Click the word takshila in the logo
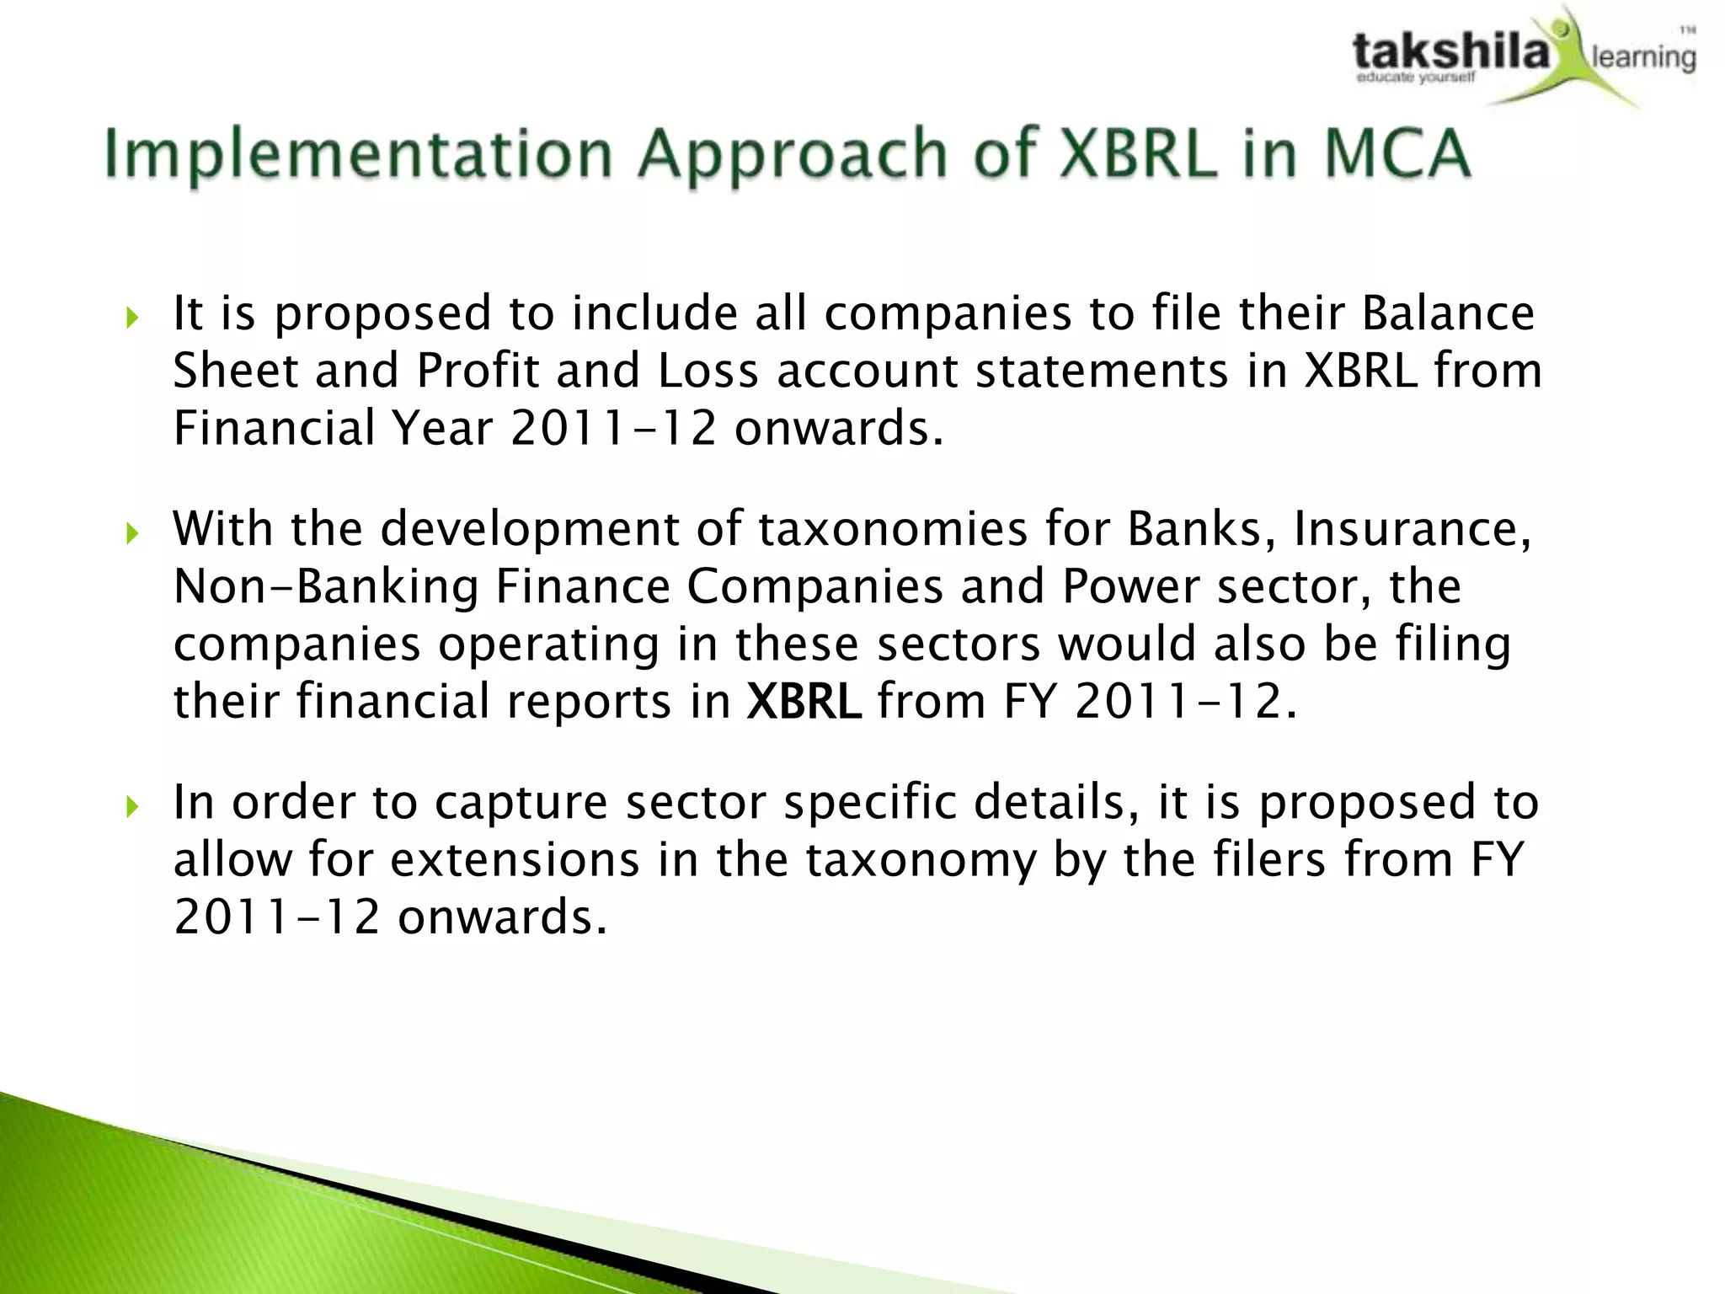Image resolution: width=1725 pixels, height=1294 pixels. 1450,52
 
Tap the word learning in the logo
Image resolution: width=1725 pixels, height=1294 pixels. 1642,57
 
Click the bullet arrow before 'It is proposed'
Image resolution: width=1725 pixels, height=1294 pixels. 131,318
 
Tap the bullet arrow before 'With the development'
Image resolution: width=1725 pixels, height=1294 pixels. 131,533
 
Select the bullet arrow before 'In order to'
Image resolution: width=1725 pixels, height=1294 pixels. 131,807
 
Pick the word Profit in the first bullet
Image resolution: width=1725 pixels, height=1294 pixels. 477,371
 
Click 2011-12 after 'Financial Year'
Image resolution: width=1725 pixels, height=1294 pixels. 613,428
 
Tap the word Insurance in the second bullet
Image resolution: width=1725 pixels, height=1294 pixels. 1412,529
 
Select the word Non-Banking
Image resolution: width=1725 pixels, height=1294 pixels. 326,586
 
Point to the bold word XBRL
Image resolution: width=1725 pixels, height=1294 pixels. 804,701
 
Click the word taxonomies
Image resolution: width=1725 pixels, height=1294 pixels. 893,529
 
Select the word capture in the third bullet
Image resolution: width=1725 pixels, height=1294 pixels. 521,803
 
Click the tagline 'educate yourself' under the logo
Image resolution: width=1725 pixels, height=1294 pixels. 1415,78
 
